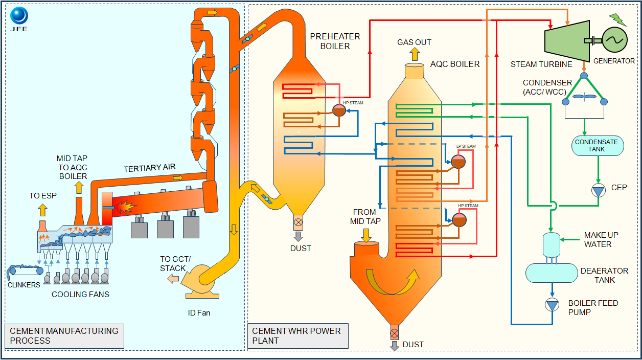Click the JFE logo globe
(x=19, y=16)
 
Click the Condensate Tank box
(x=597, y=146)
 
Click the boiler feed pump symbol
(x=552, y=305)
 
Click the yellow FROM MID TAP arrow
(x=366, y=235)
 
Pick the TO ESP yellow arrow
(x=42, y=209)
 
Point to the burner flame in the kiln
(x=126, y=207)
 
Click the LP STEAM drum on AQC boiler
(x=458, y=162)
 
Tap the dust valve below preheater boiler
(x=298, y=222)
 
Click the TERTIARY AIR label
(x=149, y=169)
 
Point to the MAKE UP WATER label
(x=601, y=239)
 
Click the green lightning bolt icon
(x=617, y=19)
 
